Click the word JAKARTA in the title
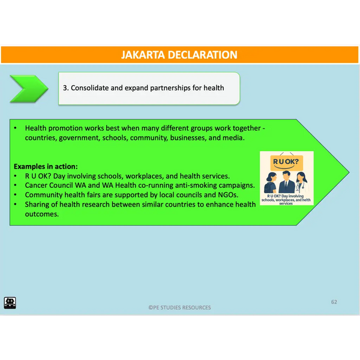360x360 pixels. [143, 55]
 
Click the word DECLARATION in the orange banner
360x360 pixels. [203, 55]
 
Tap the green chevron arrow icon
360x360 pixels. [29, 89]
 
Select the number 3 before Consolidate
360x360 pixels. [65, 88]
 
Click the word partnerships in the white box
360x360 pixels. [170, 88]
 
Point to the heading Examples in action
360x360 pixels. [46, 166]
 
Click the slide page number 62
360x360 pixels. [334, 302]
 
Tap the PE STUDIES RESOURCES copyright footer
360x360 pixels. [179, 307]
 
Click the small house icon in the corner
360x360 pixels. [10, 302]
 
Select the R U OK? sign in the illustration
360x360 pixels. [287, 163]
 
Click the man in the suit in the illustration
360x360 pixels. [286, 182]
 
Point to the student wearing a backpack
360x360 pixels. [271, 182]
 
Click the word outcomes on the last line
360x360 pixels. [41, 214]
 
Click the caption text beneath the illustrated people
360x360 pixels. [286, 200]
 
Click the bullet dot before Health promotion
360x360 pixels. [16, 128]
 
